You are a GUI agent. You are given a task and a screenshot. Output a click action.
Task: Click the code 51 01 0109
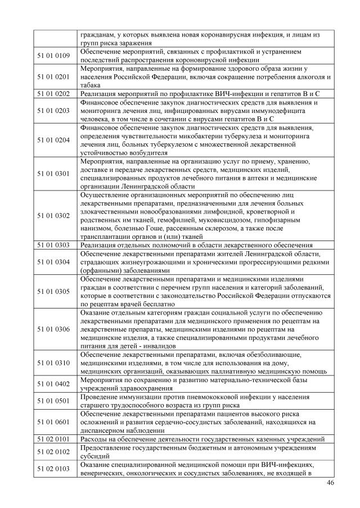coord(55,55)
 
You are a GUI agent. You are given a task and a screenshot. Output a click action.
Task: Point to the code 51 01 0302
coord(55,215)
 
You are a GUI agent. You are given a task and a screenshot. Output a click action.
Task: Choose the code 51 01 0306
coord(55,329)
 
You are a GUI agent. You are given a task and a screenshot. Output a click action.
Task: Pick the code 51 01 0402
coord(55,384)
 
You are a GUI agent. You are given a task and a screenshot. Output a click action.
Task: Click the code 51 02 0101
coord(55,438)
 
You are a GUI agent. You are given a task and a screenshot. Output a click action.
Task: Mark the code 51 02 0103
coord(55,468)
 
